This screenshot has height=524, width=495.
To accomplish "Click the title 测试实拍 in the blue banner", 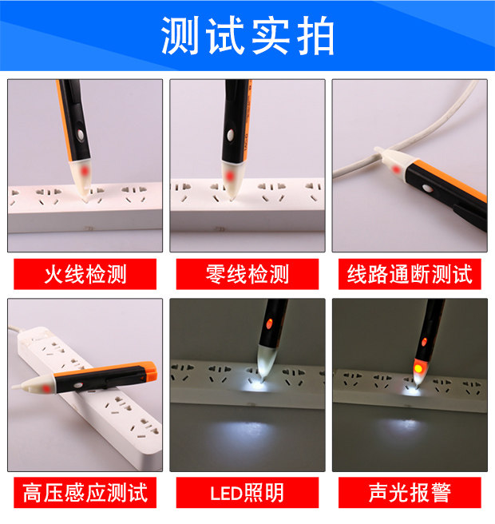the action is pos(247,35).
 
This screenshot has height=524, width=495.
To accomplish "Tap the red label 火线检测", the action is pos(85,274).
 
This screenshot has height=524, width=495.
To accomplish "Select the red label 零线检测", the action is pos(247,274).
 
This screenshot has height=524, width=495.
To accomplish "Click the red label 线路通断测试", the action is pos(410,274).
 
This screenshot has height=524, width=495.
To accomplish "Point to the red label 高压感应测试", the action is pos(85,493).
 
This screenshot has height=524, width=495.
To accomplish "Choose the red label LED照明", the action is pos(247,493).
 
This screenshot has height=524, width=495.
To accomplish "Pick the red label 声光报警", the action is pos(410,493).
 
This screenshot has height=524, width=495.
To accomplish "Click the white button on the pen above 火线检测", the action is pos(81,134).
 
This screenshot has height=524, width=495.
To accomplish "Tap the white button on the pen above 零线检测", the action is pos(231,135).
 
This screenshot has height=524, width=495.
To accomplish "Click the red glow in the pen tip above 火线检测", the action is pos(85,172).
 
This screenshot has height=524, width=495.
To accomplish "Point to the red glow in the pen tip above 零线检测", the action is pos(229,175).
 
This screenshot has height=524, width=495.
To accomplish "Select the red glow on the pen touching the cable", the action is pos(396,170).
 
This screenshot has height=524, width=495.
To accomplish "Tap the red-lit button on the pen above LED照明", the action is pos(269,324).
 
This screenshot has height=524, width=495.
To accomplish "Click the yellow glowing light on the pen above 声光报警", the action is pos(418,369).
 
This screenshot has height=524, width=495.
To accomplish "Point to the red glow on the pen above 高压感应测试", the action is pos(46,389).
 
